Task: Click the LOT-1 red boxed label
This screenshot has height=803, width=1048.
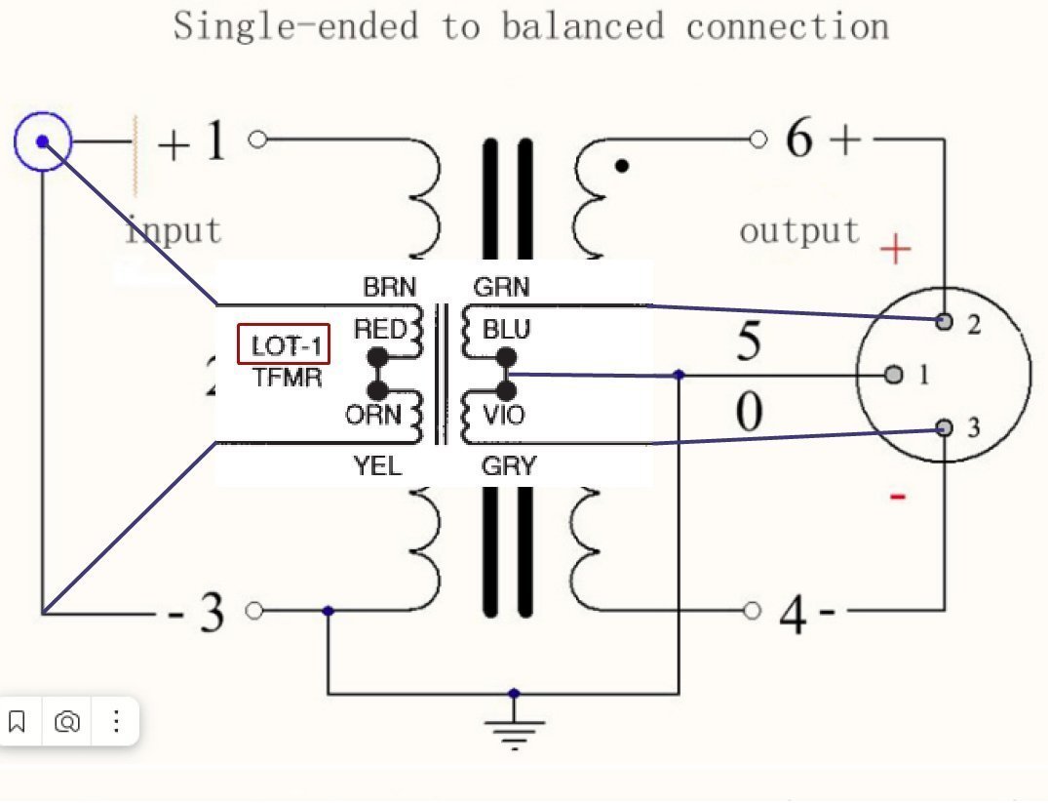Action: click(285, 344)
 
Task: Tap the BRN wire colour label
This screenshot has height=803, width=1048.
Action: click(389, 287)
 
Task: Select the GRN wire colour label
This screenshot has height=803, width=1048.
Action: click(501, 287)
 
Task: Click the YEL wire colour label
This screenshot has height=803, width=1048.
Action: click(377, 466)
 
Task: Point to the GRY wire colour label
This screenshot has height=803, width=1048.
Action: click(508, 466)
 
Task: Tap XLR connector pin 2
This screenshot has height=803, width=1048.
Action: click(944, 322)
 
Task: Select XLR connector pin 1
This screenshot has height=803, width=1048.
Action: click(893, 375)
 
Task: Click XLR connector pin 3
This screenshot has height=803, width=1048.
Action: click(944, 427)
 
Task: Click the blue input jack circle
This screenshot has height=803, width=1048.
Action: click(43, 142)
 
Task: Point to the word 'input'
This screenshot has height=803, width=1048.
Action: click(174, 230)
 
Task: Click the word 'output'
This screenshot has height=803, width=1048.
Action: click(799, 231)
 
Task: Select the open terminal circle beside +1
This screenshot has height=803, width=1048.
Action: click(257, 140)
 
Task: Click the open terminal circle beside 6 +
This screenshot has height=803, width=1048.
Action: click(758, 140)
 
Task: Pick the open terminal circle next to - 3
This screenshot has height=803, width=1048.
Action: click(254, 611)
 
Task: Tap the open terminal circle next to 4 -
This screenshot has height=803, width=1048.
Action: click(752, 611)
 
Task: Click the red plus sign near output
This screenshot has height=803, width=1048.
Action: click(895, 250)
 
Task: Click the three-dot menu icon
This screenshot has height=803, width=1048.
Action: click(116, 722)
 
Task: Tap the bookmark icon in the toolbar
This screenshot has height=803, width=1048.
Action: click(17, 722)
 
